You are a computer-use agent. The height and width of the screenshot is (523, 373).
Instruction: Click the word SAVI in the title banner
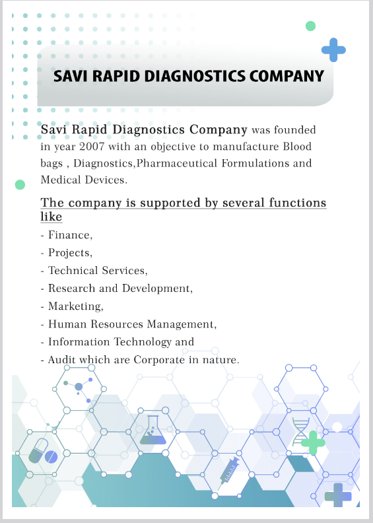click(71, 76)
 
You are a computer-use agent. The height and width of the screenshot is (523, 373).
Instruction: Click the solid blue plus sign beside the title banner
click(333, 50)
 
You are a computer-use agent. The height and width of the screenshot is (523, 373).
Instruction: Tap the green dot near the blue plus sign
click(310, 26)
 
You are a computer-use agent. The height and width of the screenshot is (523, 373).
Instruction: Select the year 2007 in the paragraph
click(92, 147)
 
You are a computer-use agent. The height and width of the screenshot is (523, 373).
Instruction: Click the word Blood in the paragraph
click(297, 147)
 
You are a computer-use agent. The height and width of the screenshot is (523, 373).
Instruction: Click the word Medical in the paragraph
click(61, 180)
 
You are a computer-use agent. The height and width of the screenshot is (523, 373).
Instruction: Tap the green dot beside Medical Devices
click(20, 184)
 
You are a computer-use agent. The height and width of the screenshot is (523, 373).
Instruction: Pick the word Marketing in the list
click(76, 306)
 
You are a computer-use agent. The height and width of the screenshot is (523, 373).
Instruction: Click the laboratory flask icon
click(153, 431)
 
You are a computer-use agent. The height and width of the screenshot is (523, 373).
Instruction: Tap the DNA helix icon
click(300, 432)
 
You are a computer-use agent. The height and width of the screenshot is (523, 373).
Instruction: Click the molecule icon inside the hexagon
click(78, 388)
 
